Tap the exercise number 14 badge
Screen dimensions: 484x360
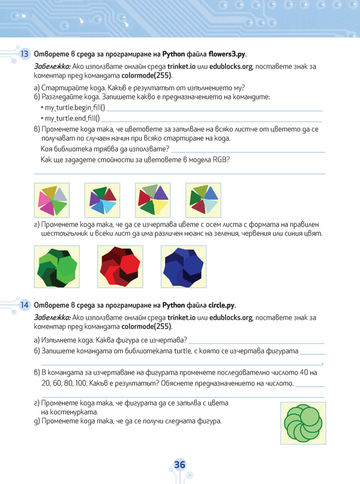(x=25, y=305)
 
